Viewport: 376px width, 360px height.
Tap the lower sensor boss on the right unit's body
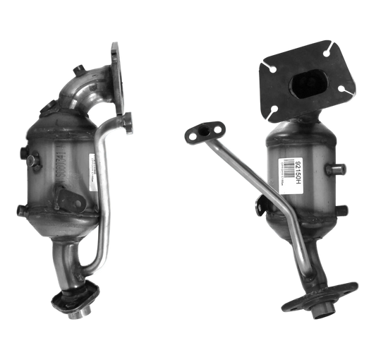coord(341,209)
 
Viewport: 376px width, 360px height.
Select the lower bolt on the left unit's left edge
coord(21,209)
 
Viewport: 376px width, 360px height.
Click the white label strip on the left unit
coord(92,170)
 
